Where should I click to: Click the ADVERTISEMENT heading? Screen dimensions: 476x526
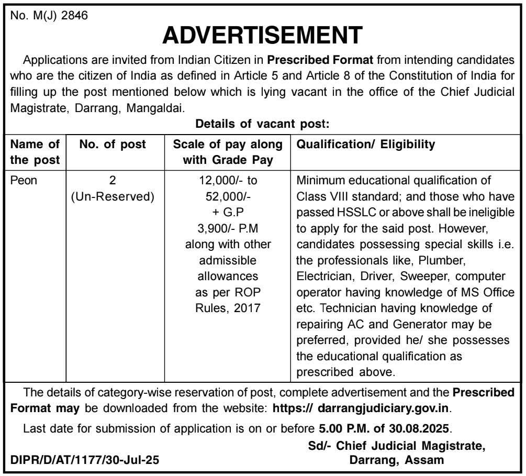pyautogui.click(x=262, y=35)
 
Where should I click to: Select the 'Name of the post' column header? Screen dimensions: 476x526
pyautogui.click(x=36, y=152)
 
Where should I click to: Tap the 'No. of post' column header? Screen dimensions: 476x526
pyautogui.click(x=113, y=144)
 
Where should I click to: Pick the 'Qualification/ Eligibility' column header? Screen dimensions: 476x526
pyautogui.click(x=365, y=144)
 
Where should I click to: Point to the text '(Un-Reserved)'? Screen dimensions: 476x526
pyautogui.click(x=113, y=197)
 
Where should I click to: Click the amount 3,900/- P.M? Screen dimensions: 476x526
pyautogui.click(x=228, y=229)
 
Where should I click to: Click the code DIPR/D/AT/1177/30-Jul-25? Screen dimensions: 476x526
pyautogui.click(x=85, y=461)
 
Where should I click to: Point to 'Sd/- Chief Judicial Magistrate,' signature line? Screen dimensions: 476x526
pyautogui.click(x=396, y=446)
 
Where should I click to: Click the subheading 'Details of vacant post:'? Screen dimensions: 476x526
pyautogui.click(x=262, y=124)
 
